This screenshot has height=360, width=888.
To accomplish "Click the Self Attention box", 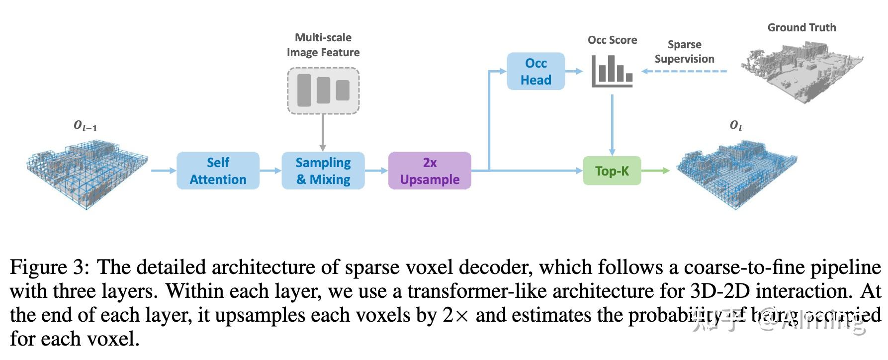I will tap(218, 171).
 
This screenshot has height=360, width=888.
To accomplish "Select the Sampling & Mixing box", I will tap(323, 171).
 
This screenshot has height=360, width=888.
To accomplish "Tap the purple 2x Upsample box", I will tap(430, 171).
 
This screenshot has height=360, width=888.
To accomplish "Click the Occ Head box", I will tap(535, 71).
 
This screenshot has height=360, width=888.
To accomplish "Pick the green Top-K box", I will tap(612, 171).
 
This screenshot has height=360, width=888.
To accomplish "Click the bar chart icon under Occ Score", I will tap(612, 71).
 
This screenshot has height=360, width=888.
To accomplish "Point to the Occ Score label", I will tap(612, 40).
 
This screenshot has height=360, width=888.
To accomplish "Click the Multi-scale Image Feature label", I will tap(323, 45).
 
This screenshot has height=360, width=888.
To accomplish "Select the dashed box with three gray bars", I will tap(323, 91).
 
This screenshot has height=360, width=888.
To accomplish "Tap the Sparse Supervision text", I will tap(684, 52).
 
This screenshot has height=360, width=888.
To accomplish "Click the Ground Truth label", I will tap(801, 28).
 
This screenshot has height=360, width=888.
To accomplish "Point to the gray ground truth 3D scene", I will tap(801, 70).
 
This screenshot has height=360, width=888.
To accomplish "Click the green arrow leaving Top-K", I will tap(655, 171).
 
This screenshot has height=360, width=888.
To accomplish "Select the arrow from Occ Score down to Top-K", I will tap(612, 124).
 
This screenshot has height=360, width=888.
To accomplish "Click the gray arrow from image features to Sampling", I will tap(323, 132).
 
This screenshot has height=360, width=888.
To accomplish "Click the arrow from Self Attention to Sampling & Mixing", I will tap(270, 171).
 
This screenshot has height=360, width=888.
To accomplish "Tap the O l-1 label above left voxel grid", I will tap(86, 126).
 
